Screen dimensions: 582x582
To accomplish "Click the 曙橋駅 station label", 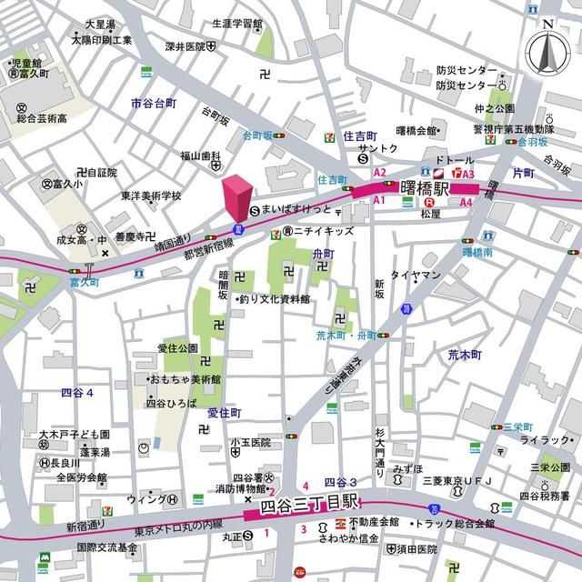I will (x=425, y=189).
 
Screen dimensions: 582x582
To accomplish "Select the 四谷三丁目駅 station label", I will (x=310, y=505).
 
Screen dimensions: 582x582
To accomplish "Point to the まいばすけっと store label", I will (x=296, y=209).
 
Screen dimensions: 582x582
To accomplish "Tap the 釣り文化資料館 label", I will (x=274, y=299).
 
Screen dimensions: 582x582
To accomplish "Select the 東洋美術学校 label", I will (x=151, y=196).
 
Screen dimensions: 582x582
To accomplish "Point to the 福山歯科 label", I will (x=201, y=155).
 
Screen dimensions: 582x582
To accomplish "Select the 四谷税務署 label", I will (x=544, y=496).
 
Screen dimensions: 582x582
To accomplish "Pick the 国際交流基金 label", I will (x=106, y=547).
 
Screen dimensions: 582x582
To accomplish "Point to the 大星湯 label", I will (x=99, y=24).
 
